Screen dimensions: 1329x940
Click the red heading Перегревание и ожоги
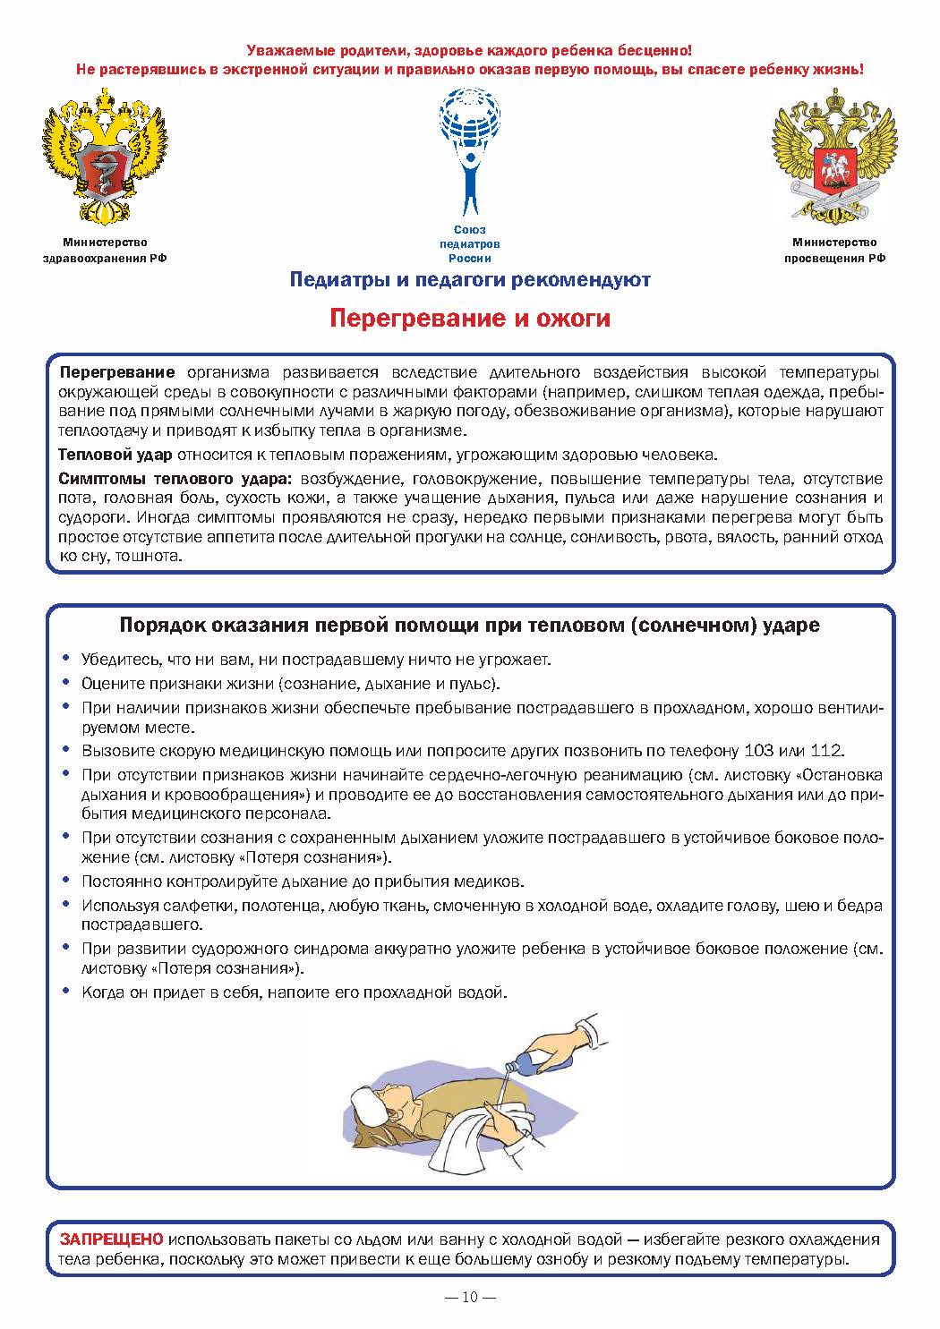(470, 319)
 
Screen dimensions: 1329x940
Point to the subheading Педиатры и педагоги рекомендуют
(470, 280)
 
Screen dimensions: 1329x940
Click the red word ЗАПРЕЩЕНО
(112, 1240)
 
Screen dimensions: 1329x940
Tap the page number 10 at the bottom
(471, 1297)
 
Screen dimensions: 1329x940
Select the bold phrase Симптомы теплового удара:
(175, 478)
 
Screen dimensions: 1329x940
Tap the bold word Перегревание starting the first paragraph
(116, 371)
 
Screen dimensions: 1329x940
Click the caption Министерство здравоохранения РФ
(105, 250)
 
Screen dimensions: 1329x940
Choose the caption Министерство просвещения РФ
(834, 250)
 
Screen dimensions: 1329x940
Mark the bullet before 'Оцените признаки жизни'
(66, 684)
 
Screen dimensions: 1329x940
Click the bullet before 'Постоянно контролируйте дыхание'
(66, 881)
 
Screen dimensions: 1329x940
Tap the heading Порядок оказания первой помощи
(470, 626)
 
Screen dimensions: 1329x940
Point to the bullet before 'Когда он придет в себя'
(66, 992)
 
